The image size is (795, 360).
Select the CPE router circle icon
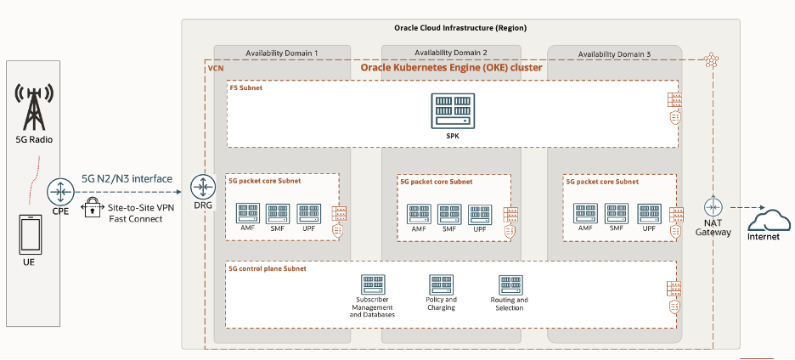[x=60, y=188]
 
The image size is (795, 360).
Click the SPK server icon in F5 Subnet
[x=451, y=111]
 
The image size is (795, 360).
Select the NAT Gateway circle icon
[x=713, y=206]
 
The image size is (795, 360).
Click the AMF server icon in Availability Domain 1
[x=248, y=213]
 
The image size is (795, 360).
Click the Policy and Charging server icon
[x=441, y=284]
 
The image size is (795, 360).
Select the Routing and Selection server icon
[x=510, y=284]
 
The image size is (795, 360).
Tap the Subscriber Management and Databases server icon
[x=372, y=284]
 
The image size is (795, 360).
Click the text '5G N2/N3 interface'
[x=127, y=179]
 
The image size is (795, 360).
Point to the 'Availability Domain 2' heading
[x=451, y=53]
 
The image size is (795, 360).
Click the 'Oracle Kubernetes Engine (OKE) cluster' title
[x=452, y=67]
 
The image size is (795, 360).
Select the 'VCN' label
[x=215, y=68]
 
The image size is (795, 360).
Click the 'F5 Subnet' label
[x=247, y=87]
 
